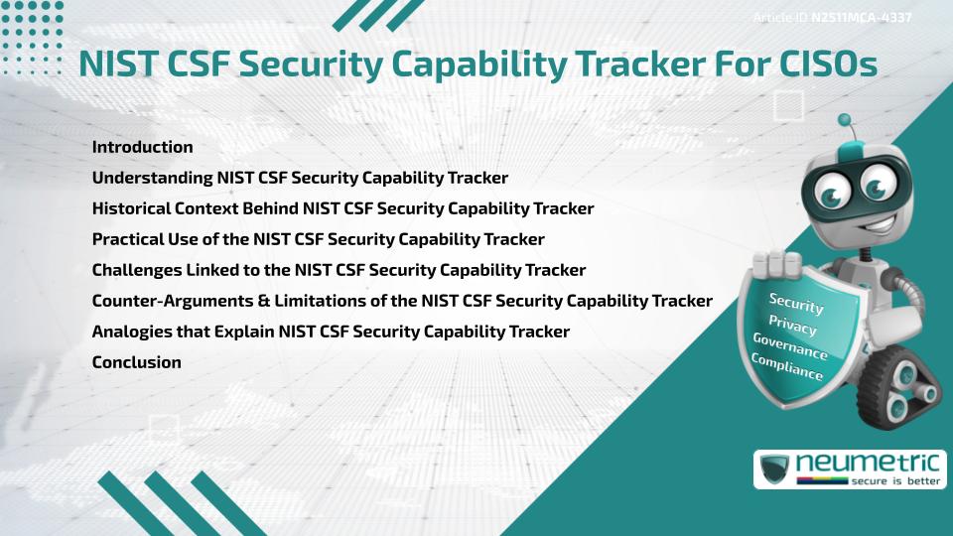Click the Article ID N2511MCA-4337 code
(862, 18)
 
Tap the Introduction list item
(142, 147)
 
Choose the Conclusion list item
(136, 362)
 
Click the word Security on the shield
(795, 304)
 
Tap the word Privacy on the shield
(792, 327)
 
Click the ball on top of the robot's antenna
(846, 120)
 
